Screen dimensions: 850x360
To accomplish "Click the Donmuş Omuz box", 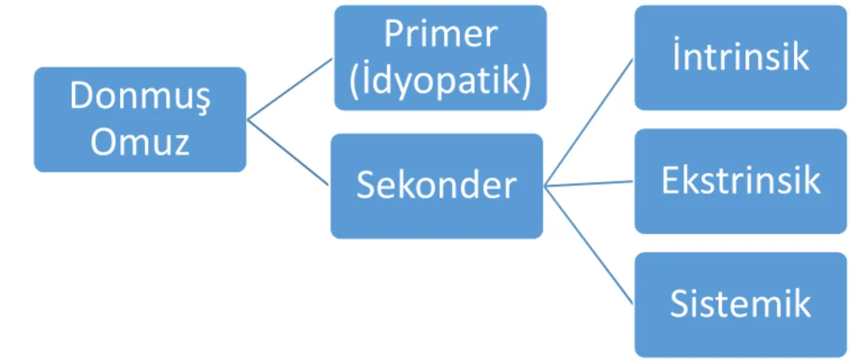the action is click(x=140, y=119).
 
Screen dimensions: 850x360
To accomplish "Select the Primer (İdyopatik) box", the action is click(x=440, y=58).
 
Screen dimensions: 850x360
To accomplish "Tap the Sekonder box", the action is click(x=437, y=186).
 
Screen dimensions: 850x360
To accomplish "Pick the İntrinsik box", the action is click(x=741, y=58).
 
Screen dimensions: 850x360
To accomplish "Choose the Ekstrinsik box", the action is click(x=741, y=181).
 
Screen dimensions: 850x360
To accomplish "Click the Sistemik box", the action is click(x=741, y=304).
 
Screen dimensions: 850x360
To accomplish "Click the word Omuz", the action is click(x=140, y=142).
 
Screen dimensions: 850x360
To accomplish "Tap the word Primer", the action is click(x=440, y=34).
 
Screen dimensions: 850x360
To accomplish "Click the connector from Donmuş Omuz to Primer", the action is click(x=290, y=89).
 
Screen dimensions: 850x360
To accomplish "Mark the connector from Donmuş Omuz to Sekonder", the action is click(x=289, y=152).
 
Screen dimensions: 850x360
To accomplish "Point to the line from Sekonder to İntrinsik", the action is click(x=588, y=122).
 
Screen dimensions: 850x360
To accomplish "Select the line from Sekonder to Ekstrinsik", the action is click(x=588, y=184).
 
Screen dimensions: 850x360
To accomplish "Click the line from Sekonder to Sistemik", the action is click(x=588, y=245).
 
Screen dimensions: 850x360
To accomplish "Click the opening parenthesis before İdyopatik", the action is click(x=355, y=82).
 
